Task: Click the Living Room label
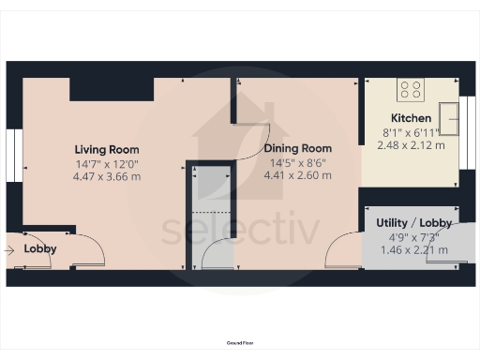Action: tap(107, 149)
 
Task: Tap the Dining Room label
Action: tap(297, 148)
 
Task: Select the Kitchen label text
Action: tap(411, 118)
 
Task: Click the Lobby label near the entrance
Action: tap(40, 249)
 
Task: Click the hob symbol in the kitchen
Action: tap(410, 90)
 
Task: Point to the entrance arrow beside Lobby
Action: tap(10, 249)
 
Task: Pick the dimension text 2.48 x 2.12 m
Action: tap(411, 144)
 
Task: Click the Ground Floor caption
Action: tap(239, 344)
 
